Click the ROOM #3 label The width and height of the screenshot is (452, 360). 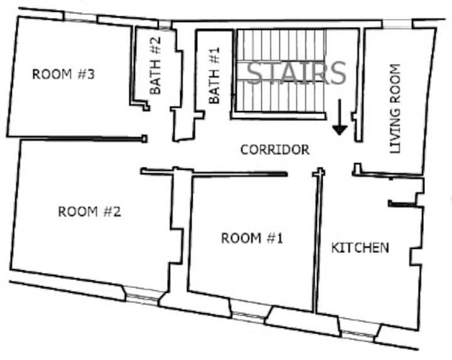[63, 74]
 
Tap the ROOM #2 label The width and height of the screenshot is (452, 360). [89, 212]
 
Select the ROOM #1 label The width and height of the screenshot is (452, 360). [252, 238]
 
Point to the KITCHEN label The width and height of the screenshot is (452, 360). [360, 248]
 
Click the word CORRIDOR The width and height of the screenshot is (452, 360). [275, 150]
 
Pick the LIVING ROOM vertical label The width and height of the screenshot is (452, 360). [395, 109]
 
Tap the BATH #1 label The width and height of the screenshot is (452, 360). [214, 75]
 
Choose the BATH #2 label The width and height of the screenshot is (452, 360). [156, 66]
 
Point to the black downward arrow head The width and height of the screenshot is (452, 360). [340, 130]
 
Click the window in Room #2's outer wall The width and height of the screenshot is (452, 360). [143, 295]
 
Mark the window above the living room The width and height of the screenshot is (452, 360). [397, 24]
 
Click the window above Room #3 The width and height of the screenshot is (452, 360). [80, 17]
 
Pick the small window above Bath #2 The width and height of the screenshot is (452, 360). [164, 24]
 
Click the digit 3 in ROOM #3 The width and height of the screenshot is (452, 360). [90, 74]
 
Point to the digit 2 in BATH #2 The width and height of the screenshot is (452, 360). [156, 41]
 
